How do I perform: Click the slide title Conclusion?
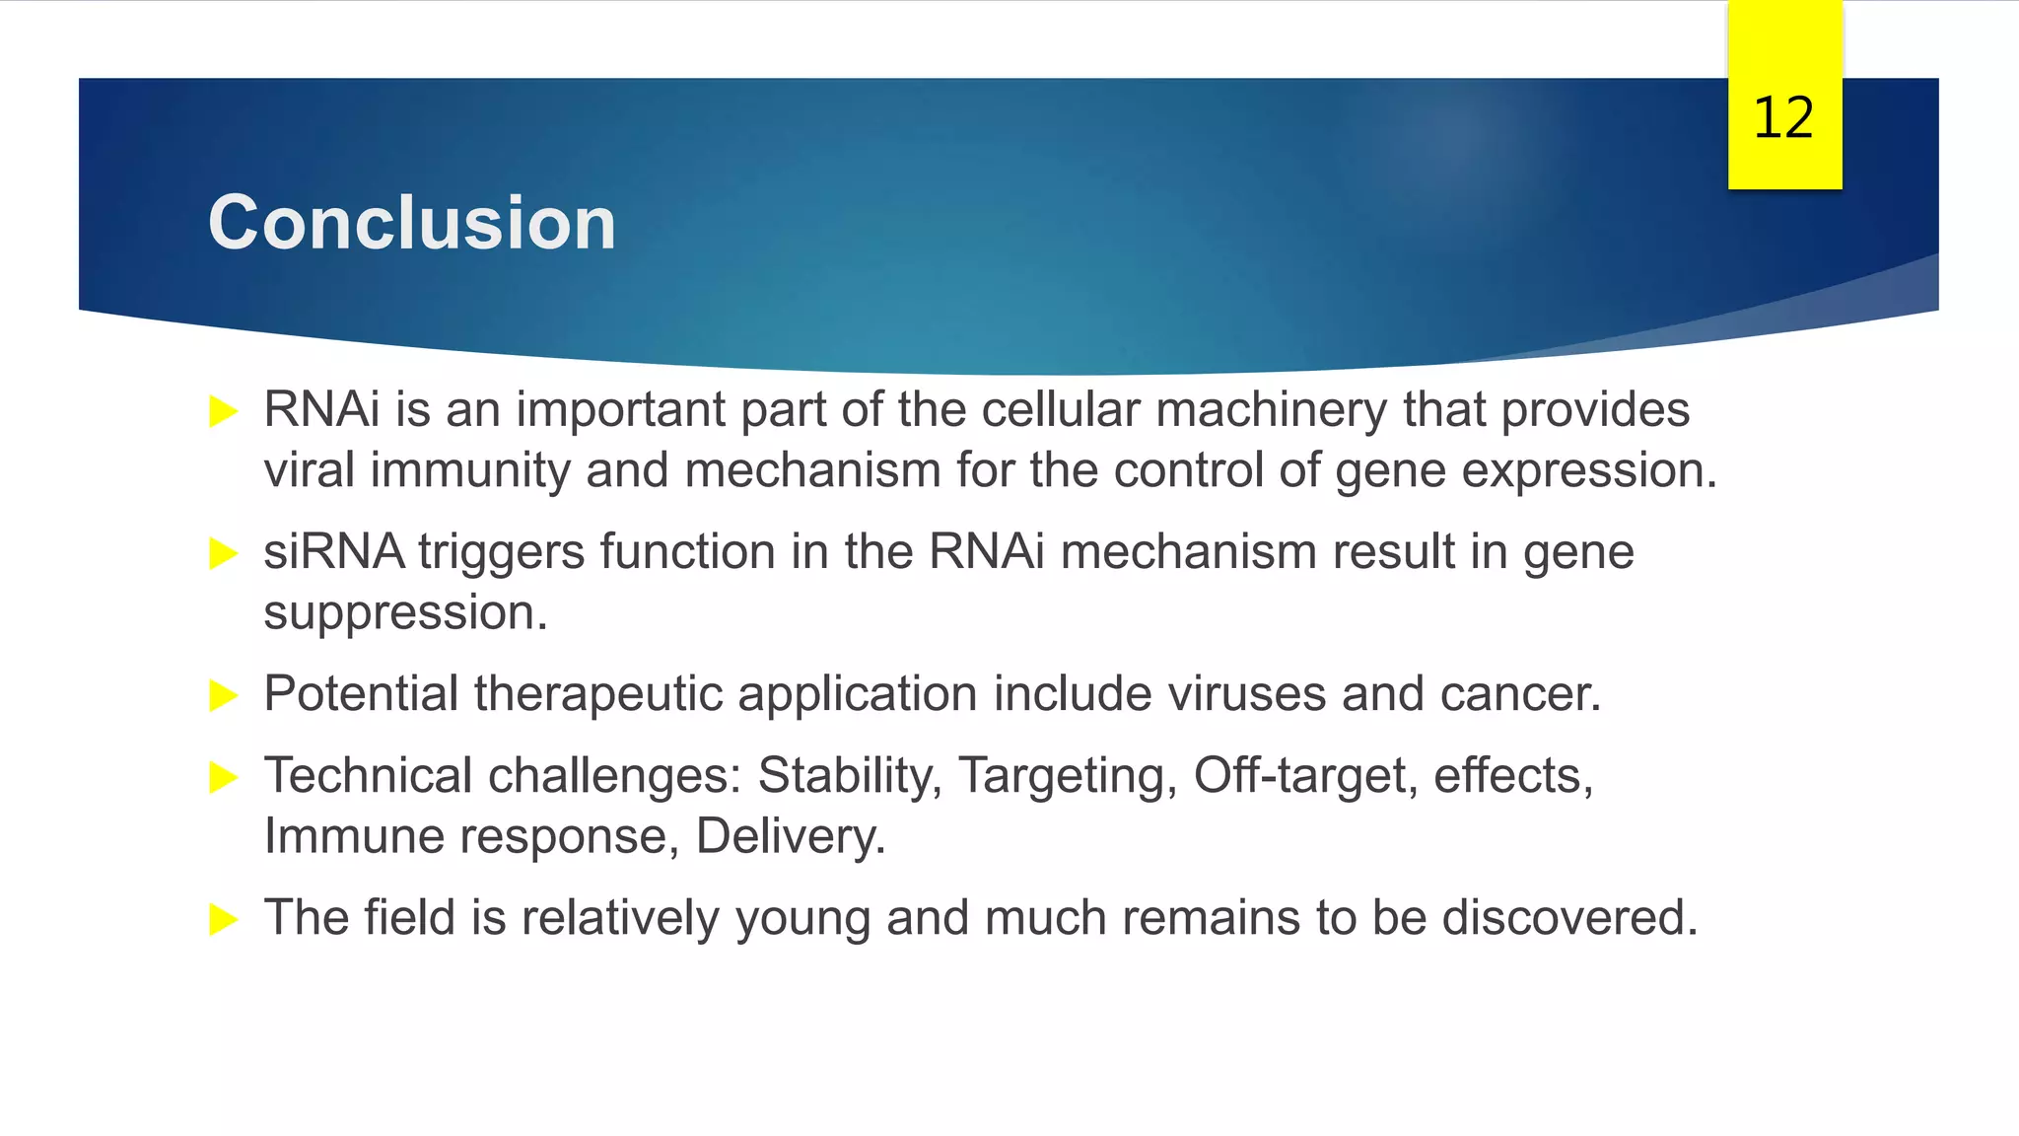click(412, 223)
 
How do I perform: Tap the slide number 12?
click(1783, 118)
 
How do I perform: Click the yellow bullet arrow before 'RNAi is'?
click(224, 411)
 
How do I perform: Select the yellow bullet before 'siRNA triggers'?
click(224, 553)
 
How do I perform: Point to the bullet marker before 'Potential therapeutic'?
click(224, 695)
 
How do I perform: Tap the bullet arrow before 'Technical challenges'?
click(224, 777)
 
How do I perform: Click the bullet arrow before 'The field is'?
click(224, 920)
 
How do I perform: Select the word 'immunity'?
click(470, 470)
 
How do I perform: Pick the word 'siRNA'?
click(333, 551)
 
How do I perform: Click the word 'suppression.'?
click(405, 613)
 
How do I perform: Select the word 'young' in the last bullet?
click(802, 919)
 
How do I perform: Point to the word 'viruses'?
click(1246, 694)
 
